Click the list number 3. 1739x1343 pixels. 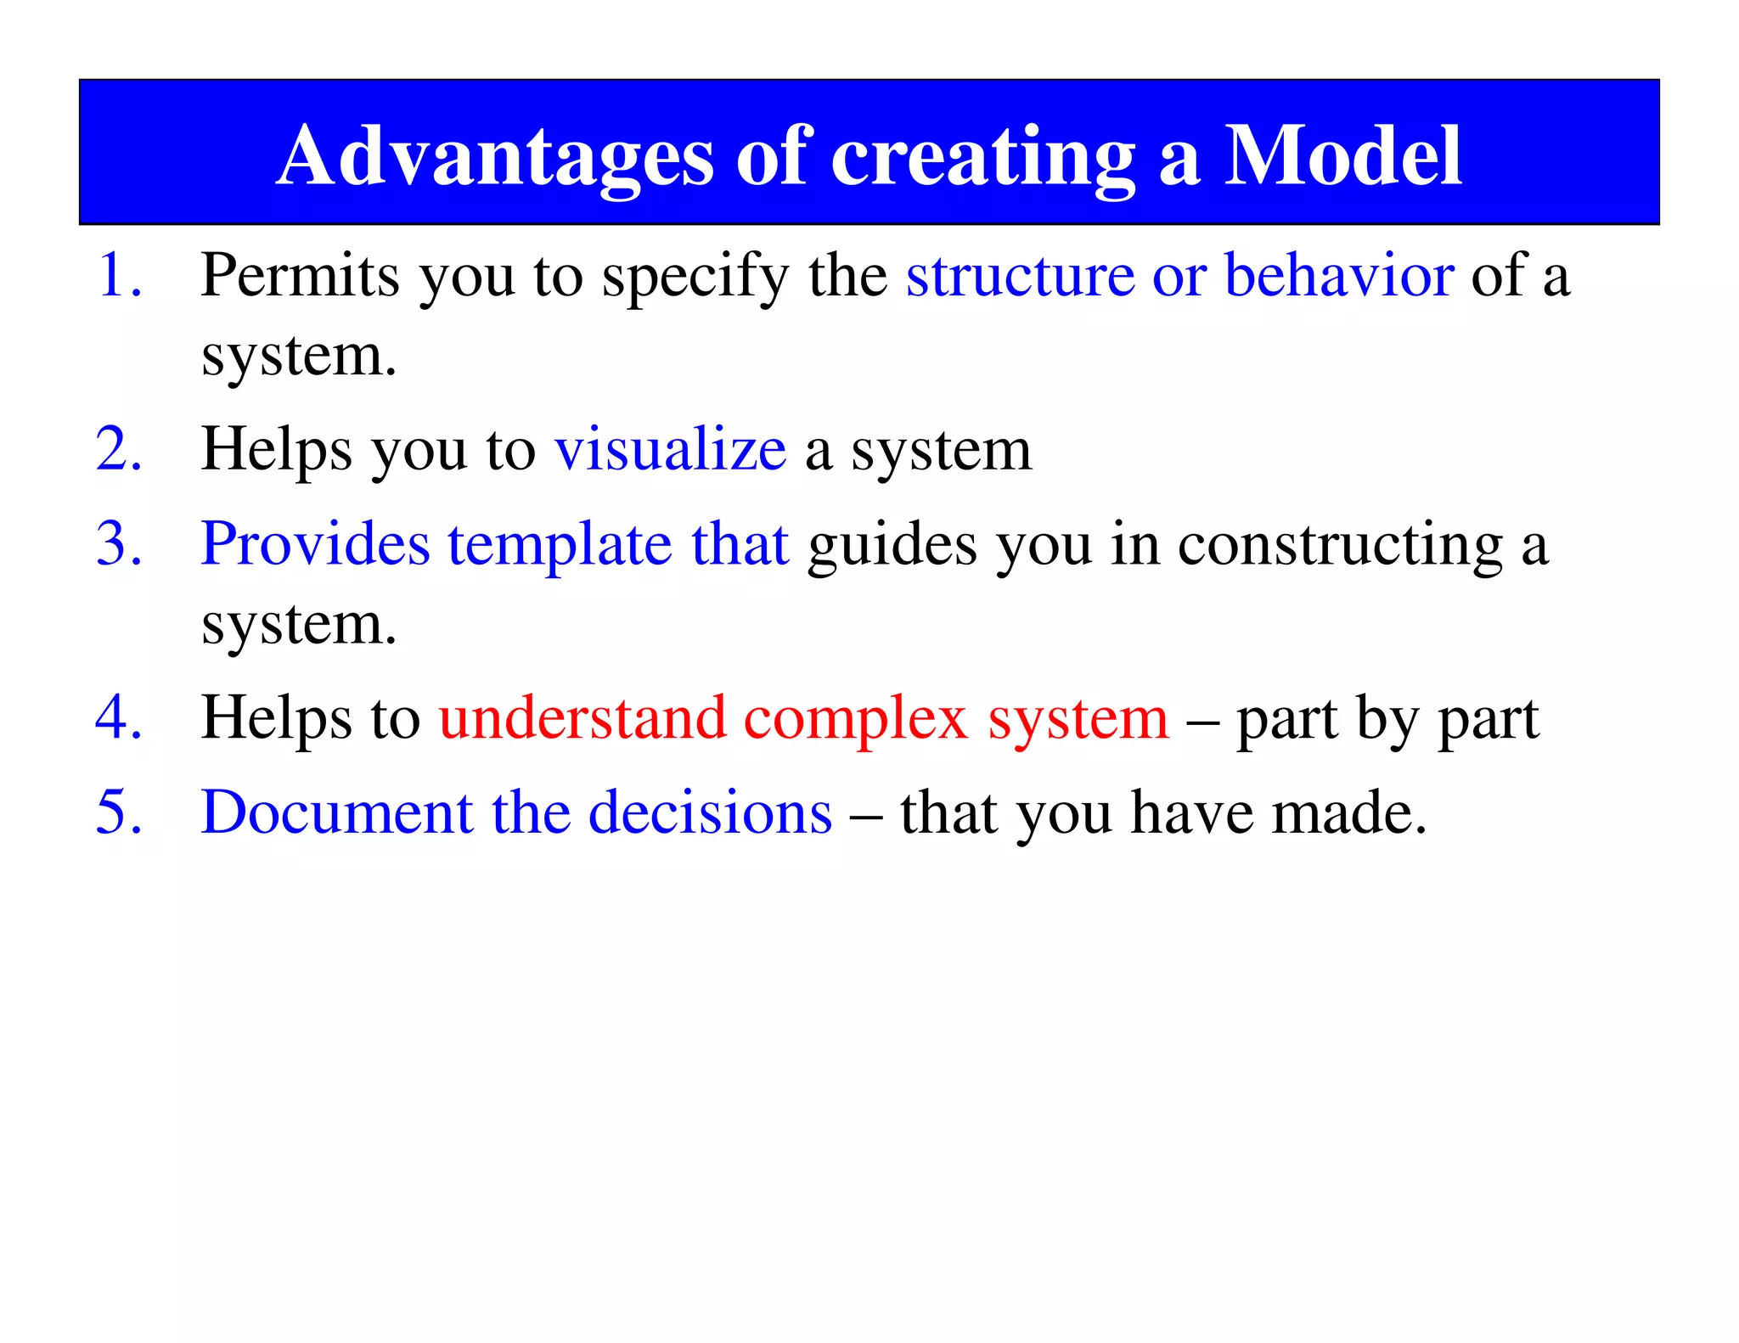click(118, 543)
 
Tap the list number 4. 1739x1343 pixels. click(118, 718)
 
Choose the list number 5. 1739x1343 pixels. click(118, 812)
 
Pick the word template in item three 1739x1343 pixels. click(560, 545)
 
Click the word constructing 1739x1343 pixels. click(1340, 545)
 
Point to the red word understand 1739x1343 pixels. click(582, 718)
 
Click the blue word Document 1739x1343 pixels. click(336, 812)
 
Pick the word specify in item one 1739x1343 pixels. click(695, 278)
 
